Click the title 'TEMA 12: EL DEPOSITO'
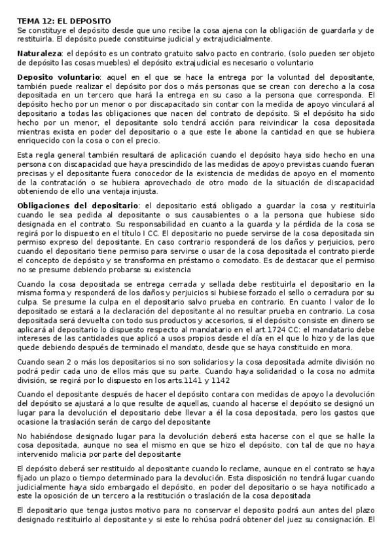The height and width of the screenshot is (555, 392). [x=64, y=22]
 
